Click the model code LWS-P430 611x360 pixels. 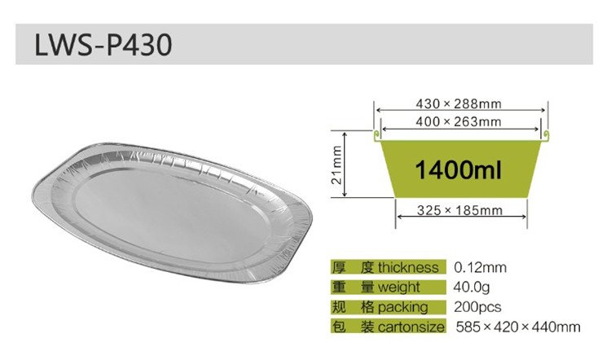(x=103, y=45)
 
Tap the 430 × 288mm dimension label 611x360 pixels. (x=458, y=103)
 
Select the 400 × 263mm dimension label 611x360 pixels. (x=458, y=121)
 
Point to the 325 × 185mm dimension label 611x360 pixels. (x=459, y=210)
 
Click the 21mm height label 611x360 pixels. (x=336, y=165)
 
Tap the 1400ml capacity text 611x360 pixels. (x=458, y=170)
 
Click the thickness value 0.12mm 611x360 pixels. (x=480, y=268)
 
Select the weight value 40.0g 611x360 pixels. (x=472, y=288)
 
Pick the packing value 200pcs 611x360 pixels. (x=477, y=307)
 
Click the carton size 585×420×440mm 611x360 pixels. (x=518, y=327)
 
